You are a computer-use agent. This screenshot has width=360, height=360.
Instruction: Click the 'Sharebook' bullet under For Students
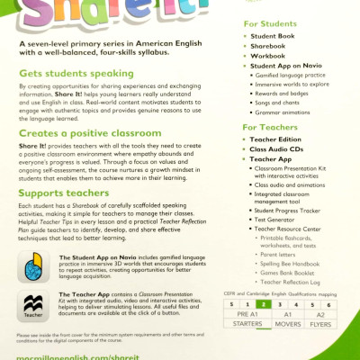(x=270, y=44)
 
